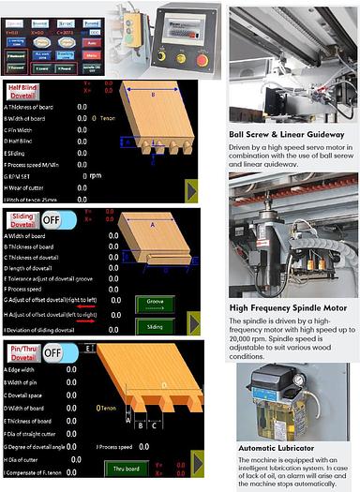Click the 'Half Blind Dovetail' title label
pyautogui.click(x=25, y=94)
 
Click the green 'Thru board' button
pyautogui.click(x=129, y=468)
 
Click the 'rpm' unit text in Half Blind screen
pyautogui.click(x=94, y=174)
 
